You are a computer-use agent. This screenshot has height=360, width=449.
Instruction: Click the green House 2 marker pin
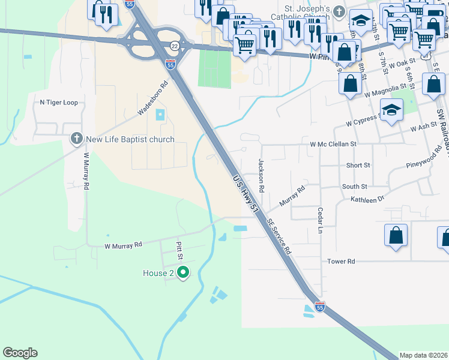(x=184, y=273)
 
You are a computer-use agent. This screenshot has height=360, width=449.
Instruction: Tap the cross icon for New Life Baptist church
(x=76, y=139)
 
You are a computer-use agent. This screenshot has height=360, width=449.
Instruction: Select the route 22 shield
(x=175, y=46)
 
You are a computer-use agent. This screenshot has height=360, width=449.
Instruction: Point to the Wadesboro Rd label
(x=151, y=98)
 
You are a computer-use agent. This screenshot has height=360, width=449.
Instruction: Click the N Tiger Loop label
(x=59, y=103)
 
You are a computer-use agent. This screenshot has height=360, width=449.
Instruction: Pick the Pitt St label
(x=179, y=250)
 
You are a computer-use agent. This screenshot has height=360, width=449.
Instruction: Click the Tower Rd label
(x=342, y=262)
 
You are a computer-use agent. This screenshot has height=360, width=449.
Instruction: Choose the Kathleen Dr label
(x=367, y=198)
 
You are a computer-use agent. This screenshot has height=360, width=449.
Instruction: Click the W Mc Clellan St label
(x=333, y=144)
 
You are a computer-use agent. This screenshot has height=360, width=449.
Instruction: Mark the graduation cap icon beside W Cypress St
(x=391, y=110)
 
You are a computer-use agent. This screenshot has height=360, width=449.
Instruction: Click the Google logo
(x=20, y=353)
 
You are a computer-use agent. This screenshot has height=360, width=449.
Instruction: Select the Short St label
(x=358, y=165)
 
